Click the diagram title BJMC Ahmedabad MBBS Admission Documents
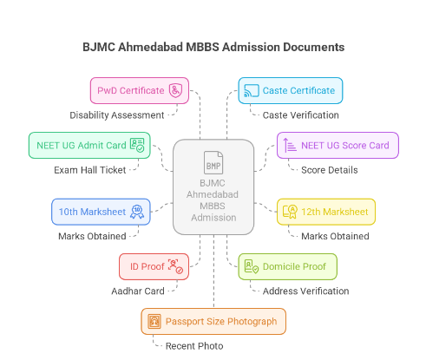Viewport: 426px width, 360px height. click(213, 46)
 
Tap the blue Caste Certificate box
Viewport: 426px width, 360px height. click(291, 90)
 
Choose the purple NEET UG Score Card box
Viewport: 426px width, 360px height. click(338, 145)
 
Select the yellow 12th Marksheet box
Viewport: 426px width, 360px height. click(324, 211)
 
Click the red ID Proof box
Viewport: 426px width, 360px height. click(153, 266)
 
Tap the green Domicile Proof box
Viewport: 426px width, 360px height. click(287, 266)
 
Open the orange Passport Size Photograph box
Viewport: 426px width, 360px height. click(213, 321)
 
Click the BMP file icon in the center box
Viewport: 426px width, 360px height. click(213, 163)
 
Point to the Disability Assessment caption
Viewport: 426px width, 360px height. click(117, 115)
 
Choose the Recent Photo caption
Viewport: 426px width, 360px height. click(196, 346)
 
